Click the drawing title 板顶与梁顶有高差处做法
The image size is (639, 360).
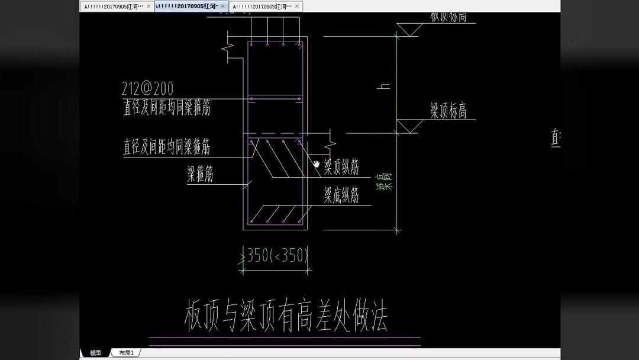[286, 319]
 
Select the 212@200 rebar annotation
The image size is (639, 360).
[148, 89]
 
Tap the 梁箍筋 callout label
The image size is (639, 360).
[201, 174]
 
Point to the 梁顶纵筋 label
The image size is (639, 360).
[341, 168]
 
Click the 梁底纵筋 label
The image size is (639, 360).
[341, 195]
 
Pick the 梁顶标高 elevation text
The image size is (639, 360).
[448, 111]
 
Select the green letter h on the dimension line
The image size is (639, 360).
[385, 86]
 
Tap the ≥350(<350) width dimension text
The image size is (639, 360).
[276, 255]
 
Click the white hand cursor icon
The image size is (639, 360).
[317, 164]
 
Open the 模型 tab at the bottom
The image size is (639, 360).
[96, 353]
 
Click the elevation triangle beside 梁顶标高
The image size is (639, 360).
[409, 126]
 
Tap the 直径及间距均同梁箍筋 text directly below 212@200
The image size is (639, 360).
[167, 107]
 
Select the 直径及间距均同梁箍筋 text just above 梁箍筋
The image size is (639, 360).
[167, 146]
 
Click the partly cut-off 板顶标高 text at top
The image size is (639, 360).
[448, 16]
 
